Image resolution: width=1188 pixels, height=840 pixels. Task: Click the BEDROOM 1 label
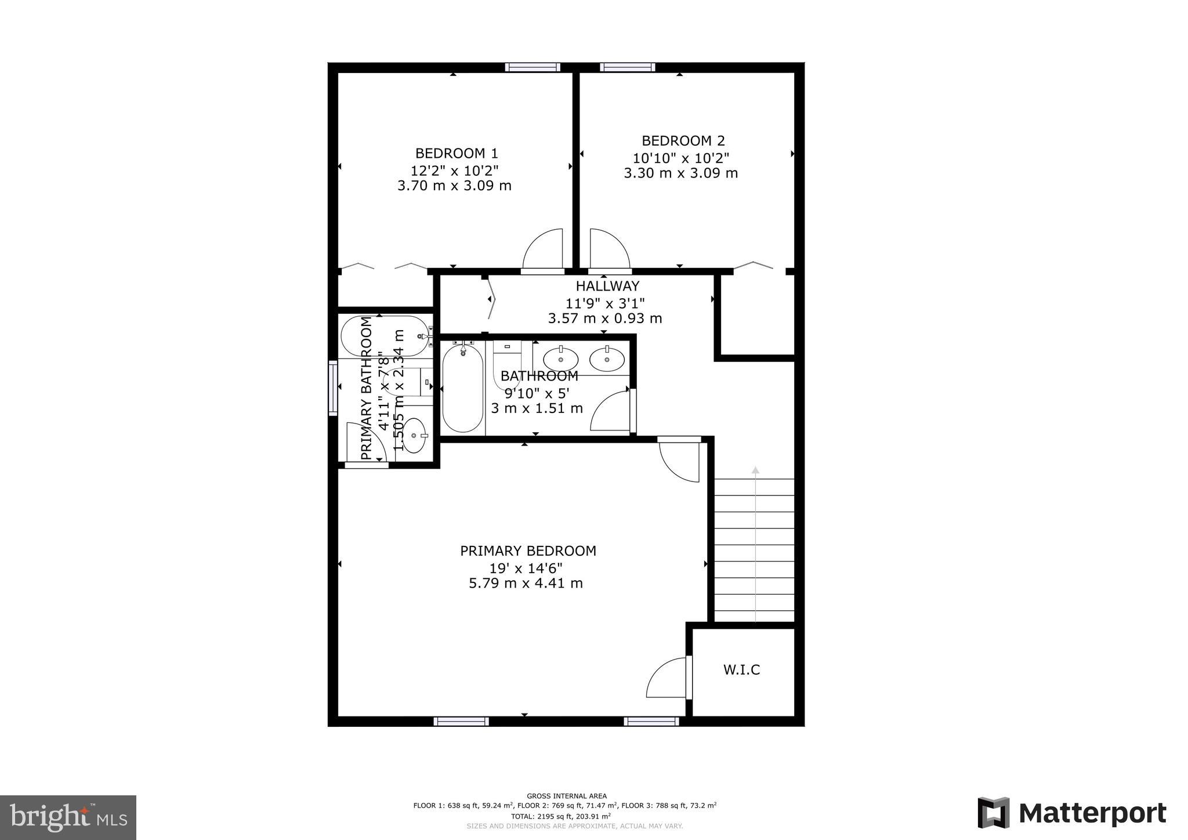[457, 154]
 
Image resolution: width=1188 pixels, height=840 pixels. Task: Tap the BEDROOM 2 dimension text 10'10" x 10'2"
[680, 157]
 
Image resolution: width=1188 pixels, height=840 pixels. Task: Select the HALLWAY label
[607, 286]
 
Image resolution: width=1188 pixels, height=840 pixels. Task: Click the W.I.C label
[741, 670]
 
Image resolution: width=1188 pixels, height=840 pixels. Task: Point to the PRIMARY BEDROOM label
[528, 551]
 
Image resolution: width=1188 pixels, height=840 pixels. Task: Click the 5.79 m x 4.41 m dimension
[526, 583]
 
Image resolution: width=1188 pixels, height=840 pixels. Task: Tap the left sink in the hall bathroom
[560, 358]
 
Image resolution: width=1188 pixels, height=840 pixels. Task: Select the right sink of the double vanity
[607, 358]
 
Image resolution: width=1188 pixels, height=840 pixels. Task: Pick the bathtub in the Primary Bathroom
[383, 336]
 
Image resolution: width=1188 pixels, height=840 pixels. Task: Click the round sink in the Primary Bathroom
[414, 435]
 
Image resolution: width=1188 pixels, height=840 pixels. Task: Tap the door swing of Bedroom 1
[545, 249]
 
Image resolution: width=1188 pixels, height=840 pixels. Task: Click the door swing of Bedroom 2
[607, 249]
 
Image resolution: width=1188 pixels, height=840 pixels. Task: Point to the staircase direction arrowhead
[755, 469]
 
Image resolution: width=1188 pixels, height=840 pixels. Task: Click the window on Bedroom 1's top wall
[533, 67]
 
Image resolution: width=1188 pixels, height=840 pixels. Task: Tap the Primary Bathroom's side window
[333, 388]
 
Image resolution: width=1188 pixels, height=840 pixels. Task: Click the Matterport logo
[1072, 813]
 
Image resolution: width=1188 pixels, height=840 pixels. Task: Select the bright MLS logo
[68, 817]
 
